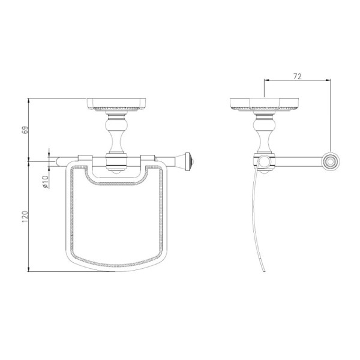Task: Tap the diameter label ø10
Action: pyautogui.click(x=45, y=182)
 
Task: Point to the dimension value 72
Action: pyautogui.click(x=298, y=76)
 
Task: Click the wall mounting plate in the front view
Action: pyautogui.click(x=117, y=104)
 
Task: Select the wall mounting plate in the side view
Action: pyautogui.click(x=264, y=104)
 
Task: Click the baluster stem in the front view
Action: pyautogui.click(x=116, y=133)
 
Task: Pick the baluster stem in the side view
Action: pyautogui.click(x=264, y=133)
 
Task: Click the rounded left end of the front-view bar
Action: pyautogui.click(x=58, y=161)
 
